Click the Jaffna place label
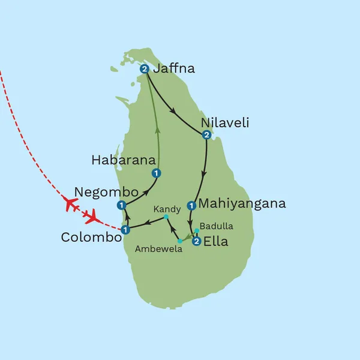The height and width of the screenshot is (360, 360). (x=174, y=68)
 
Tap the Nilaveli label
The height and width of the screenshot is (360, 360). (x=225, y=123)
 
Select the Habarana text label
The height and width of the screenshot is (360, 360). (x=123, y=160)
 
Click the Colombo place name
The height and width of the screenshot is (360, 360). (x=91, y=237)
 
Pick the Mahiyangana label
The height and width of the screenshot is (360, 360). (x=242, y=204)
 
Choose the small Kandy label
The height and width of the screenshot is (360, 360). (x=167, y=209)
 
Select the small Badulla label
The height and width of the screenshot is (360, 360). (x=217, y=226)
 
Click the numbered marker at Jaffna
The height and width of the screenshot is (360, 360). (x=145, y=70)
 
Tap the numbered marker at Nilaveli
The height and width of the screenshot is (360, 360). (x=206, y=134)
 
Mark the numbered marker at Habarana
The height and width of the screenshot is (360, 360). (x=156, y=174)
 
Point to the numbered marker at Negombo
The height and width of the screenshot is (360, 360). (x=122, y=206)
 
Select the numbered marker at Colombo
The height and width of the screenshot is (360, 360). (x=125, y=230)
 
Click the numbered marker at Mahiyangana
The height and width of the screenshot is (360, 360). (x=191, y=206)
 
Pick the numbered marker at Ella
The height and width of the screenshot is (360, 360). (x=196, y=242)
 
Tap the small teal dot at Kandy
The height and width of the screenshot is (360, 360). (x=166, y=217)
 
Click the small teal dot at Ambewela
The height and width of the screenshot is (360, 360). (x=179, y=241)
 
